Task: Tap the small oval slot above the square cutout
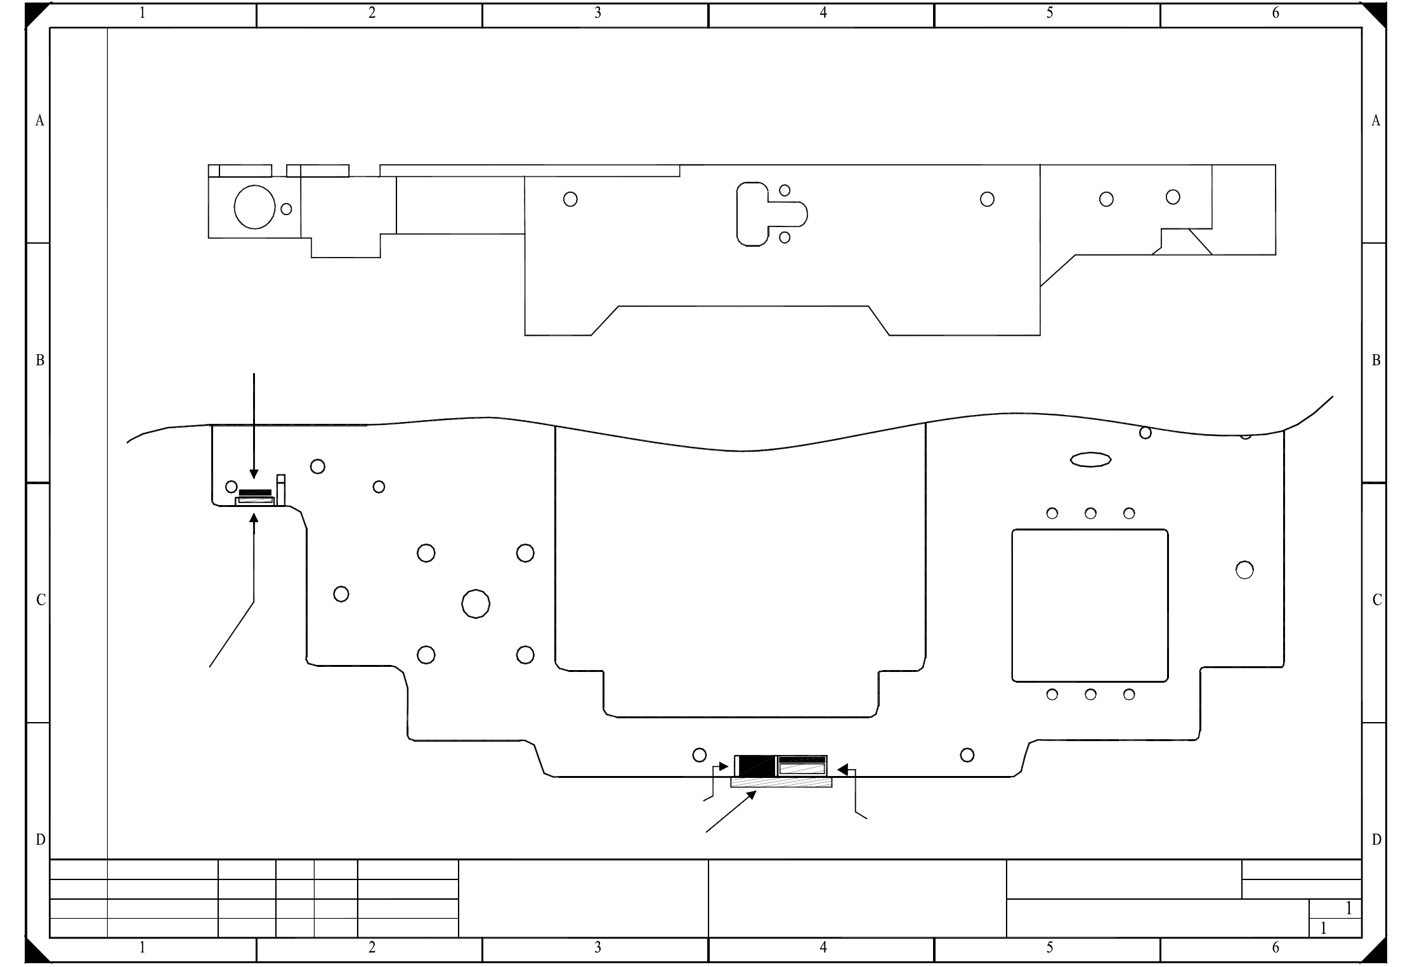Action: click(1090, 459)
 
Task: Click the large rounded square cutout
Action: click(1012, 606)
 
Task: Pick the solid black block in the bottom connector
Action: click(755, 766)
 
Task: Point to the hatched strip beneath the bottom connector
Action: click(781, 782)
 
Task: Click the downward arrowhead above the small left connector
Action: click(254, 473)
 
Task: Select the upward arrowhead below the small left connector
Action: click(254, 518)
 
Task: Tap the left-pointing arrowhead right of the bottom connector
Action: click(842, 770)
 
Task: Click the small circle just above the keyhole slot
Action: click(785, 190)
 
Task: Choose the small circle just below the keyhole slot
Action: click(785, 237)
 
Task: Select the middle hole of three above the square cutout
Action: click(1090, 513)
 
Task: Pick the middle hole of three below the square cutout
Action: click(1090, 695)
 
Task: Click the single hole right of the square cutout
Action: click(1244, 570)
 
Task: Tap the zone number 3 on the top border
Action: click(597, 13)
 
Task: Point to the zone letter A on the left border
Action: click(39, 121)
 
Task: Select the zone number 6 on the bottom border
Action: click(1276, 948)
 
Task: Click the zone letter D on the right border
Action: click(1376, 840)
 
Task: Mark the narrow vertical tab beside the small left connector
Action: click(281, 490)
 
